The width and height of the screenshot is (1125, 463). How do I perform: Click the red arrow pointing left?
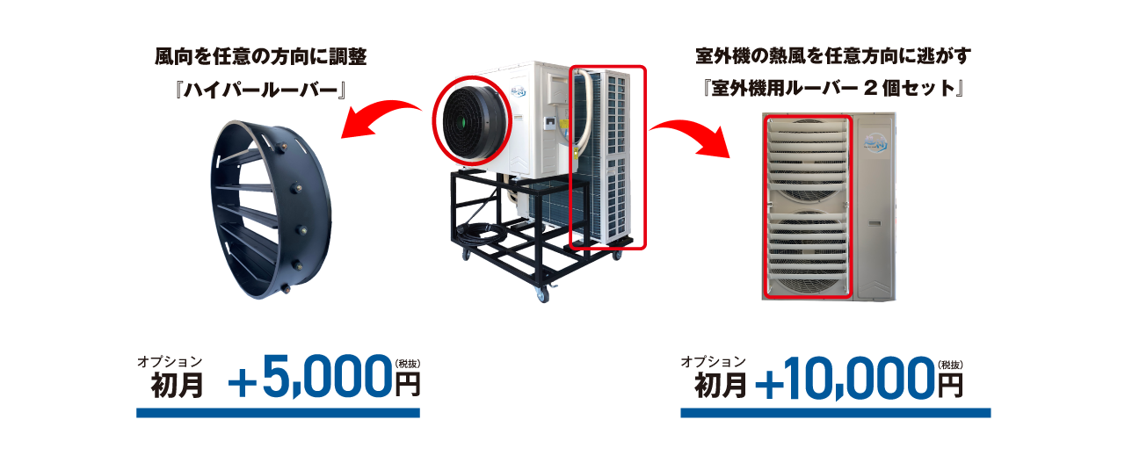378,119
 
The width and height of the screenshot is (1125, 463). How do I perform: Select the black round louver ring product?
270,212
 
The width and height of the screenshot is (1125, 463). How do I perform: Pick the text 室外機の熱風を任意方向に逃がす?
832,57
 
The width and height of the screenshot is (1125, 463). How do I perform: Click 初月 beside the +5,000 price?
178,386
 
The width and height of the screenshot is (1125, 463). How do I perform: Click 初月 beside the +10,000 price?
721,386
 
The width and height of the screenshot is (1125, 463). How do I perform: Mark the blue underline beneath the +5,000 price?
278,412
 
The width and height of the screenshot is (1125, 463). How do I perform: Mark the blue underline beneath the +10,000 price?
835,412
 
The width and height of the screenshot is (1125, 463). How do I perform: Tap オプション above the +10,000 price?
713,362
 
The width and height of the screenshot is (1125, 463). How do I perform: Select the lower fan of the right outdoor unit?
807,250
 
